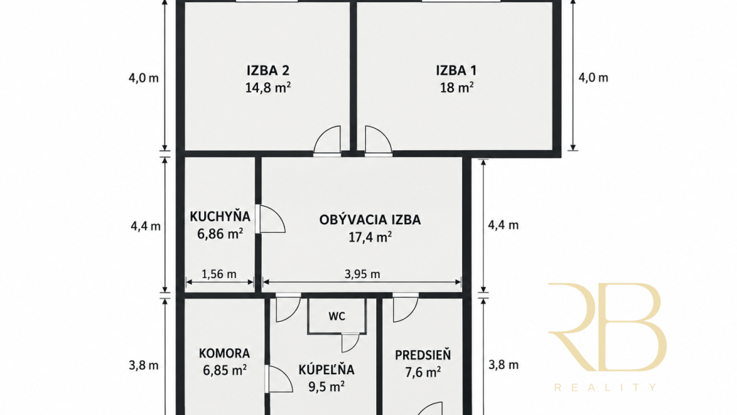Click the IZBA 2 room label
[268, 71]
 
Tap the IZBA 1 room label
[456, 71]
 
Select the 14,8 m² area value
[268, 87]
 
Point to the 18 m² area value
[456, 87]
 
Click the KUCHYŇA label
[220, 216]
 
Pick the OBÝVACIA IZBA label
[370, 220]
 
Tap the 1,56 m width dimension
[219, 274]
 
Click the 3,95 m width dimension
[362, 274]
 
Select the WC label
[337, 317]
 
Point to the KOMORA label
[225, 354]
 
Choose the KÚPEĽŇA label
[326, 369]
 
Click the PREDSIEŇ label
[423, 355]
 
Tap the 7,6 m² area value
[423, 372]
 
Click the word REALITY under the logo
[605, 387]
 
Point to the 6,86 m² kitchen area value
[220, 233]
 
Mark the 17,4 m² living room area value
[370, 237]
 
